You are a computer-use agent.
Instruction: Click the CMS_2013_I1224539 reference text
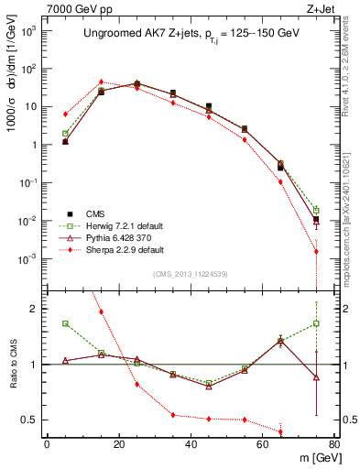coord(191,274)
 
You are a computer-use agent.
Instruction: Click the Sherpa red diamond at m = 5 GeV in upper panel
coord(65,115)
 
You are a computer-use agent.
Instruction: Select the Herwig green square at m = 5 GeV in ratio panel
coord(65,323)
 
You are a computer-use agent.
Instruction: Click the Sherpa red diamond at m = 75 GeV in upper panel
coord(316,251)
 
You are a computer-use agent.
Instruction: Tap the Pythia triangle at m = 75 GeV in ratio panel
coord(316,377)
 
